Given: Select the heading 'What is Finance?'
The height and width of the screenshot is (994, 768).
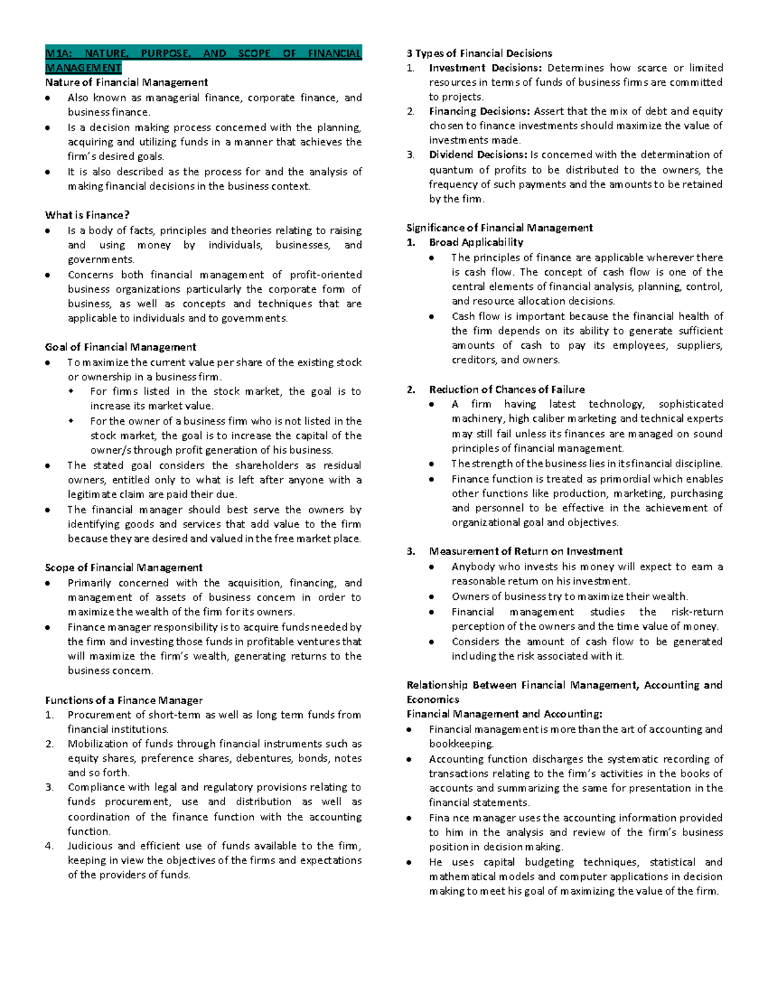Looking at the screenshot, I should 87,215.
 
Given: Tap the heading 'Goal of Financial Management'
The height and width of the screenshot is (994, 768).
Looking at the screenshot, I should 120,347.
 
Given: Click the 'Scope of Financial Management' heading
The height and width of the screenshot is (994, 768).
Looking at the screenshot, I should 124,567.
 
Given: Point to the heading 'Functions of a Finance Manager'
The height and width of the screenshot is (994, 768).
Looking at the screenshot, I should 124,700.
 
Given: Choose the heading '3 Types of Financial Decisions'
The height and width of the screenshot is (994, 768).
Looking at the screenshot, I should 479,53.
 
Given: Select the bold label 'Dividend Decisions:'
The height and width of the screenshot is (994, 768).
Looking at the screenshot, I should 477,154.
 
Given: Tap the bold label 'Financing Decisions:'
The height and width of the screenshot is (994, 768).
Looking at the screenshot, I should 479,111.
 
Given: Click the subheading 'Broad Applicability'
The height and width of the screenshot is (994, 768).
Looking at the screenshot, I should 476,242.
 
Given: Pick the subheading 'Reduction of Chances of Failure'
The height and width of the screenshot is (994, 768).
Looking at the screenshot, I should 507,389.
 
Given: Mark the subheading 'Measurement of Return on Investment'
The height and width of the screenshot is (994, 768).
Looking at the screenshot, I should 525,551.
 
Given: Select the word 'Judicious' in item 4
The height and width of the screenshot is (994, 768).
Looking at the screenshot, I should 89,846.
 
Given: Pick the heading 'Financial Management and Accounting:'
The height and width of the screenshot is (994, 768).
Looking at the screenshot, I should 504,714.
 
